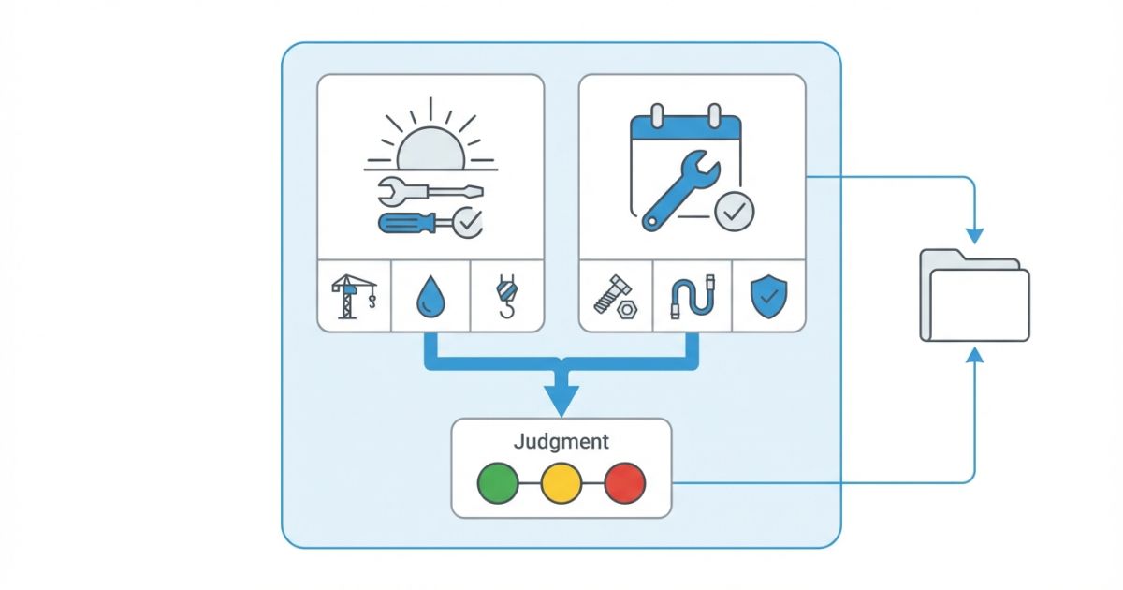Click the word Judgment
point(561,441)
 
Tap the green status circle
point(498,483)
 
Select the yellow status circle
point(561,483)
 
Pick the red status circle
point(625,483)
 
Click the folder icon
point(974,294)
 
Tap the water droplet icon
point(430,298)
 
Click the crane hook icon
point(505,297)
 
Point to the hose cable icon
point(692,298)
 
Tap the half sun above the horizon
point(430,148)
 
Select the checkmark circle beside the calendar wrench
point(734,212)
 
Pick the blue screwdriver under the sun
point(412,223)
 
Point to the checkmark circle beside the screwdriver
point(465,221)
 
